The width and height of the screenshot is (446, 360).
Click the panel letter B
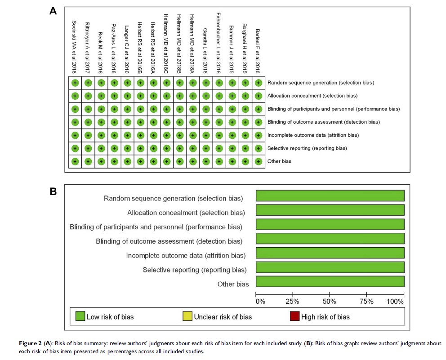[x=53, y=191]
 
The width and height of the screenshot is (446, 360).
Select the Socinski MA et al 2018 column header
[x=75, y=47]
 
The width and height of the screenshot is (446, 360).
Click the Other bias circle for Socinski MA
[x=75, y=161]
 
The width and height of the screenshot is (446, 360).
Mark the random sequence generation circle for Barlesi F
[x=258, y=83]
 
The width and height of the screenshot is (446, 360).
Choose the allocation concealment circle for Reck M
[x=101, y=96]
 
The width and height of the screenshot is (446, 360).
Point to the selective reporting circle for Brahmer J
[x=232, y=148]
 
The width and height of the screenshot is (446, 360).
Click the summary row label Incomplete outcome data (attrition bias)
[x=313, y=135]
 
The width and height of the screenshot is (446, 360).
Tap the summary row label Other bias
[x=279, y=161]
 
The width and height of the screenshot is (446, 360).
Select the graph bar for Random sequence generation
[x=330, y=196]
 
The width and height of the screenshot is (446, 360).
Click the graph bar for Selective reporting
[x=330, y=267]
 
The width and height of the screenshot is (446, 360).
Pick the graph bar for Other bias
[x=330, y=282]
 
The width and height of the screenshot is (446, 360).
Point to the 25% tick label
[x=293, y=301]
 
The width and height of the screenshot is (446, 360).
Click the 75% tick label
[x=367, y=301]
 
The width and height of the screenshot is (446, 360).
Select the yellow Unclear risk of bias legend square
[x=187, y=316]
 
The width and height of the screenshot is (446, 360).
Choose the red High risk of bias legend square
[x=294, y=316]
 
